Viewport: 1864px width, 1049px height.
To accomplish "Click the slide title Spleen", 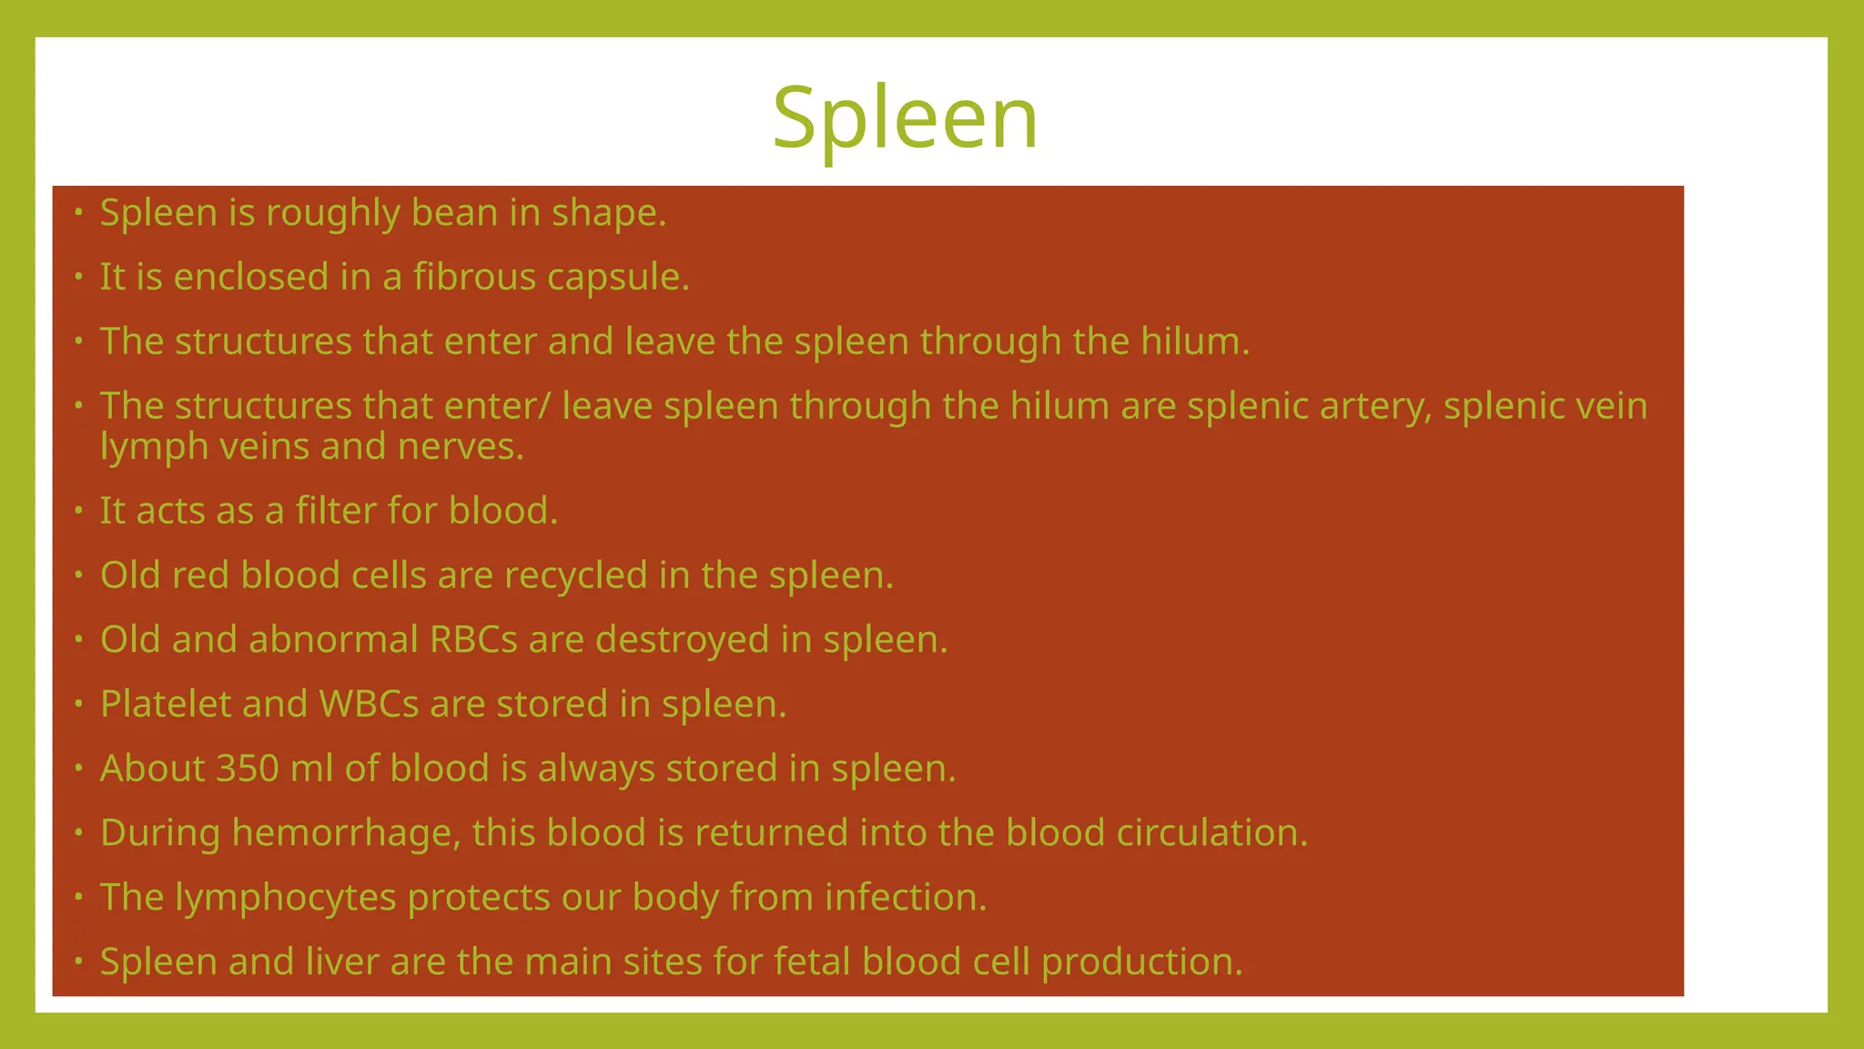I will coord(905,118).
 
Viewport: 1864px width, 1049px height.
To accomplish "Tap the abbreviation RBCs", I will coord(473,640).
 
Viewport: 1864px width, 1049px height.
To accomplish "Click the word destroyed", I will coord(683,640).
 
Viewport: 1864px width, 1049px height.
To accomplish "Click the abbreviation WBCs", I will coord(369,705).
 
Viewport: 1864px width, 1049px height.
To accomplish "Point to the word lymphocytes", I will coord(286,898).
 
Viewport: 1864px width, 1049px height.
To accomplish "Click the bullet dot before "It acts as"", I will coord(79,510).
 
